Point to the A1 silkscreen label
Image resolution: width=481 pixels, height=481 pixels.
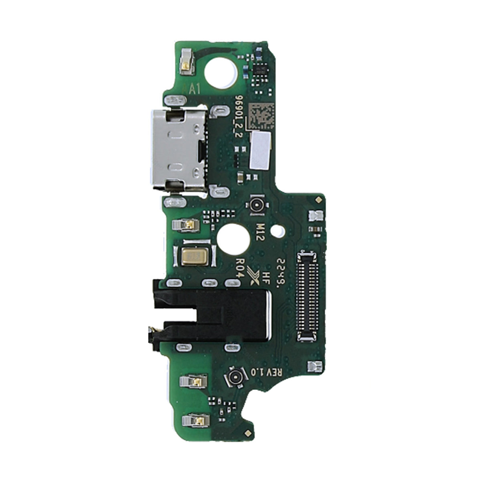[x=193, y=89]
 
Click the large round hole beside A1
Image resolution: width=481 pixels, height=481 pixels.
[x=220, y=72]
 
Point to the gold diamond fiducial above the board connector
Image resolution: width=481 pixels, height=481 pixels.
[x=318, y=199]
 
